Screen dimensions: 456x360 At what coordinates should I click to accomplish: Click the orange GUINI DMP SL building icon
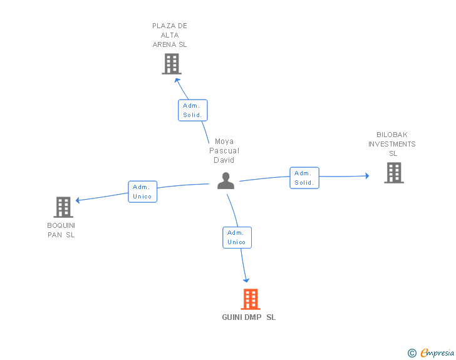click(x=251, y=299)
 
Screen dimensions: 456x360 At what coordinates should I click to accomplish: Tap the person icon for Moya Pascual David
click(x=225, y=181)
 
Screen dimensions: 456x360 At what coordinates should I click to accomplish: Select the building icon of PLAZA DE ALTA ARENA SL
click(x=172, y=64)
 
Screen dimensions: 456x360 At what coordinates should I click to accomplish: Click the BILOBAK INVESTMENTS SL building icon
click(x=394, y=173)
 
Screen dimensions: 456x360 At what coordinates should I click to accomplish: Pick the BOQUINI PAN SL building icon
click(x=63, y=207)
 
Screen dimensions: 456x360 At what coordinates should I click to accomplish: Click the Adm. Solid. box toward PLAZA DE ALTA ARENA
click(x=193, y=110)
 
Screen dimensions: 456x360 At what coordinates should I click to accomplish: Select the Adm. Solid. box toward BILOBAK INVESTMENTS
click(x=304, y=178)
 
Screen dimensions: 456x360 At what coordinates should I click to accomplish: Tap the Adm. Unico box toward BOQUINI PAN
click(x=143, y=192)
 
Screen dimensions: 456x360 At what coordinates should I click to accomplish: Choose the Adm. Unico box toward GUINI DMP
click(x=237, y=237)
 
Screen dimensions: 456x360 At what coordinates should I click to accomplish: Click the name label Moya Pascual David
click(x=224, y=151)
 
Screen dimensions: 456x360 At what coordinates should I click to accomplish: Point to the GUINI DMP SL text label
click(x=249, y=317)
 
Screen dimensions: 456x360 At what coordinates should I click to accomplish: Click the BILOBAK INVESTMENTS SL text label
click(x=392, y=144)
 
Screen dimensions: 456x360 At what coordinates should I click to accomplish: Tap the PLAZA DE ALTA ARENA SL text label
click(x=170, y=35)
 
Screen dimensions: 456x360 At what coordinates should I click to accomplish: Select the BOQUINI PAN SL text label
click(x=61, y=230)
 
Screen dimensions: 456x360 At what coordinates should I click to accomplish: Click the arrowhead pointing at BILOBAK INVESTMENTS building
click(x=367, y=176)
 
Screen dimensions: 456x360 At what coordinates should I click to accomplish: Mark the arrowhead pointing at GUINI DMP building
click(x=246, y=280)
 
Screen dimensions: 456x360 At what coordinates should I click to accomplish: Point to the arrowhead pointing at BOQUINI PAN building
click(x=78, y=200)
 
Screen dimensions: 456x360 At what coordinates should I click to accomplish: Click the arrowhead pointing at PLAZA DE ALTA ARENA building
click(x=177, y=80)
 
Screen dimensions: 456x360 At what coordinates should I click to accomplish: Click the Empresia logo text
click(x=437, y=352)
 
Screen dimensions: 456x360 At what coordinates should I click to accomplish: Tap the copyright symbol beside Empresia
click(x=412, y=353)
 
